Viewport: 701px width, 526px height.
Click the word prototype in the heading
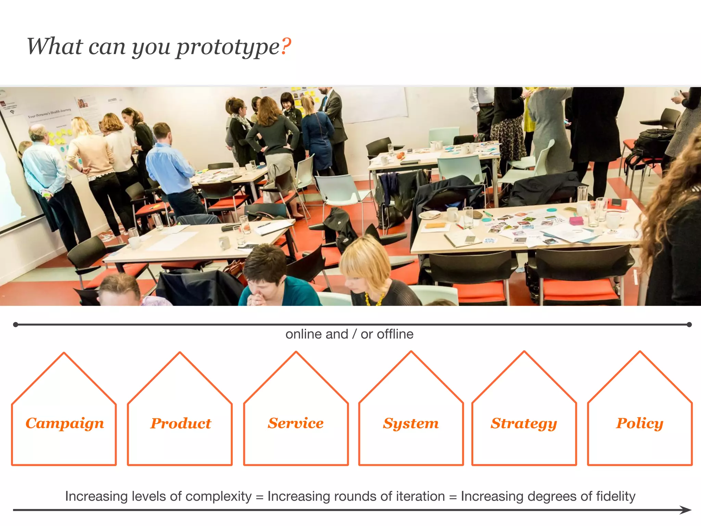click(228, 47)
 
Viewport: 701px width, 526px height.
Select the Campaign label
click(65, 424)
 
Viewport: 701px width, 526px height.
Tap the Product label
click(181, 424)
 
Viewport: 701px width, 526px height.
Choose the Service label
click(296, 423)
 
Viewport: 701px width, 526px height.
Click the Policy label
click(639, 424)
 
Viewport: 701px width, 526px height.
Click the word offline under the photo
click(395, 334)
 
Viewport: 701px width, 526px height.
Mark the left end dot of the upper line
click(15, 324)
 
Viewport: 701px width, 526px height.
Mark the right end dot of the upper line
click(689, 324)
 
